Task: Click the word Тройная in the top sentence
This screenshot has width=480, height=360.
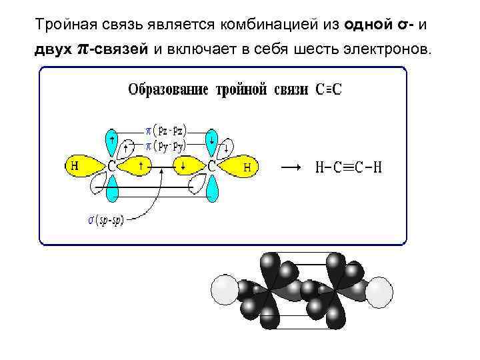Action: (x=65, y=25)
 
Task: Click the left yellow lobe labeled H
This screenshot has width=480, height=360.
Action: (x=82, y=166)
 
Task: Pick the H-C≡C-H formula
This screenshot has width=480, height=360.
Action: (x=349, y=167)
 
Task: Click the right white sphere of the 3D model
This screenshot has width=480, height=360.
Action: (x=379, y=291)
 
